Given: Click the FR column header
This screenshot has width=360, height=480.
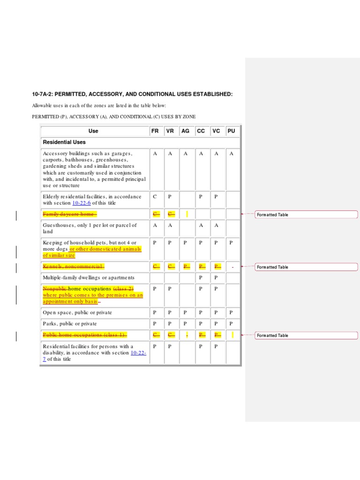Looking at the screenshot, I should tap(155, 131).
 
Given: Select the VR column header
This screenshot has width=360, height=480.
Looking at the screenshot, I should tap(170, 131).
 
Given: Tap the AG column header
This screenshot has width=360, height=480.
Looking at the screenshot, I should tap(185, 131).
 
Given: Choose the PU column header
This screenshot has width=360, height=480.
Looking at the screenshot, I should tap(231, 131).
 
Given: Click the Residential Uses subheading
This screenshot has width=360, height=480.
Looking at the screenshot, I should tap(64, 142).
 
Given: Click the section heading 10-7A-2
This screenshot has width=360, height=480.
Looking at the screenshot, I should tap(132, 94).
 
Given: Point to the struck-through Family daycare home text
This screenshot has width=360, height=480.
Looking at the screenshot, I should tap(69, 214).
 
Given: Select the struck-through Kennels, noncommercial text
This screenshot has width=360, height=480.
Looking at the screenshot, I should tap(73, 267).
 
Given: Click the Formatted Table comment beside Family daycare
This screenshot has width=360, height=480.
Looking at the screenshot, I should tap(273, 215).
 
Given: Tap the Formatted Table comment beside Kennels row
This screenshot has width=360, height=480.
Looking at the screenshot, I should tap(273, 267).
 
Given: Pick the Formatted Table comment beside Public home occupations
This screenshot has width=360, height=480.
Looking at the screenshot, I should tap(273, 336).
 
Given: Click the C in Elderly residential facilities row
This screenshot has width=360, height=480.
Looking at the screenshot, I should tap(155, 196).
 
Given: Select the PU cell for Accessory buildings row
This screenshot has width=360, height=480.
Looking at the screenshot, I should tap(231, 154).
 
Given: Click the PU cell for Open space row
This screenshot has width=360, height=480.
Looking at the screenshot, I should tap(231, 312).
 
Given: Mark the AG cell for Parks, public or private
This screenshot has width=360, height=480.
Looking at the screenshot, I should tap(185, 323).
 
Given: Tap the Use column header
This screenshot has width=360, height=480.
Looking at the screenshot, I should tap(93, 131).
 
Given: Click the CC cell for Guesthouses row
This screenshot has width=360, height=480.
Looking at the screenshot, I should tap(201, 225).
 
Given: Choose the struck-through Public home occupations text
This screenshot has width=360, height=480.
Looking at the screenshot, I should tap(84, 335).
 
